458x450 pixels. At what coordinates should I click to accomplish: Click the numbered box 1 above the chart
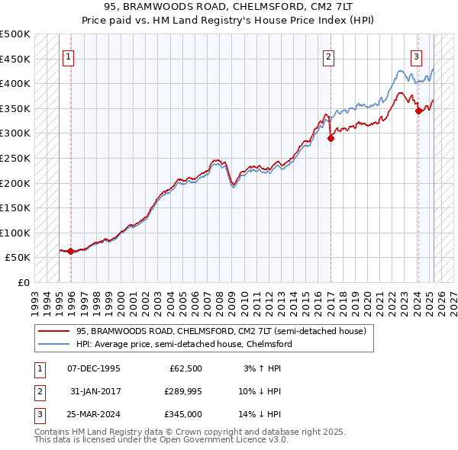coord(69,56)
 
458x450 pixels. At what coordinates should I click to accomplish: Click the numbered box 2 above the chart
coord(329,56)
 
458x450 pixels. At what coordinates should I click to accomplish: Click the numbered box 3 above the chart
coord(417,56)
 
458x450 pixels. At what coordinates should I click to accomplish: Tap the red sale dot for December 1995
coord(70,251)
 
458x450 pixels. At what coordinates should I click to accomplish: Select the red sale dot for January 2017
coord(331,138)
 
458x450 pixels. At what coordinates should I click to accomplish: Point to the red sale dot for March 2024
coord(418,111)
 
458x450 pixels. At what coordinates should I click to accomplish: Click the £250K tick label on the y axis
coord(15,158)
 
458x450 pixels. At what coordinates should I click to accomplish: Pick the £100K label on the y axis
coord(15,233)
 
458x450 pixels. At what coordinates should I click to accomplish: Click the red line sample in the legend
coord(54,331)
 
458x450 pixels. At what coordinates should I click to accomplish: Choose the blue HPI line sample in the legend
coord(54,344)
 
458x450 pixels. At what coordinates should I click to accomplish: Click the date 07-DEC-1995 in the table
coord(94,368)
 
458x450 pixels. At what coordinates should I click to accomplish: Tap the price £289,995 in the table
coord(181,391)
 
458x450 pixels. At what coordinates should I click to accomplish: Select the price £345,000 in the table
coord(181,414)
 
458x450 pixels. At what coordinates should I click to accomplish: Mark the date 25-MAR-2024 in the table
coord(94,414)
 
